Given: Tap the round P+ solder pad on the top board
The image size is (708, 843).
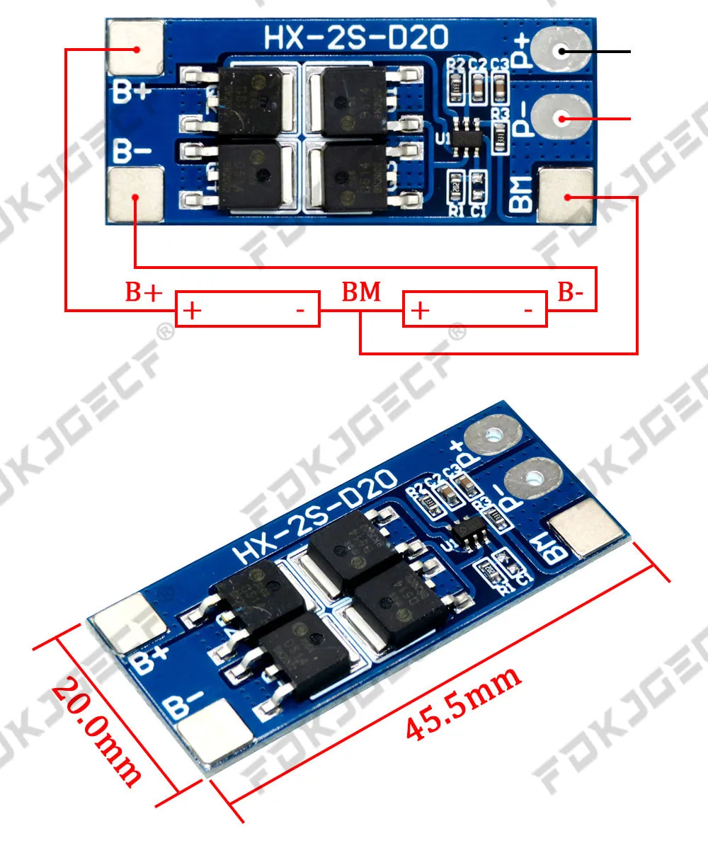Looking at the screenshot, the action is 559,50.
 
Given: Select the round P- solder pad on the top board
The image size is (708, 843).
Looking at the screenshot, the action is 559,119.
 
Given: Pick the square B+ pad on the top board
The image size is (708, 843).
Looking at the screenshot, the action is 135,48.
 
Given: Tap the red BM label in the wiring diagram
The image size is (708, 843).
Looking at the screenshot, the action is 361,292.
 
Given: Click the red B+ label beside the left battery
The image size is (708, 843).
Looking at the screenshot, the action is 144,292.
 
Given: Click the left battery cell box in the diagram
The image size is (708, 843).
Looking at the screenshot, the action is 248,309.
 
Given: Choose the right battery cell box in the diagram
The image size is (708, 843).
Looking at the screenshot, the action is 474,309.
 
